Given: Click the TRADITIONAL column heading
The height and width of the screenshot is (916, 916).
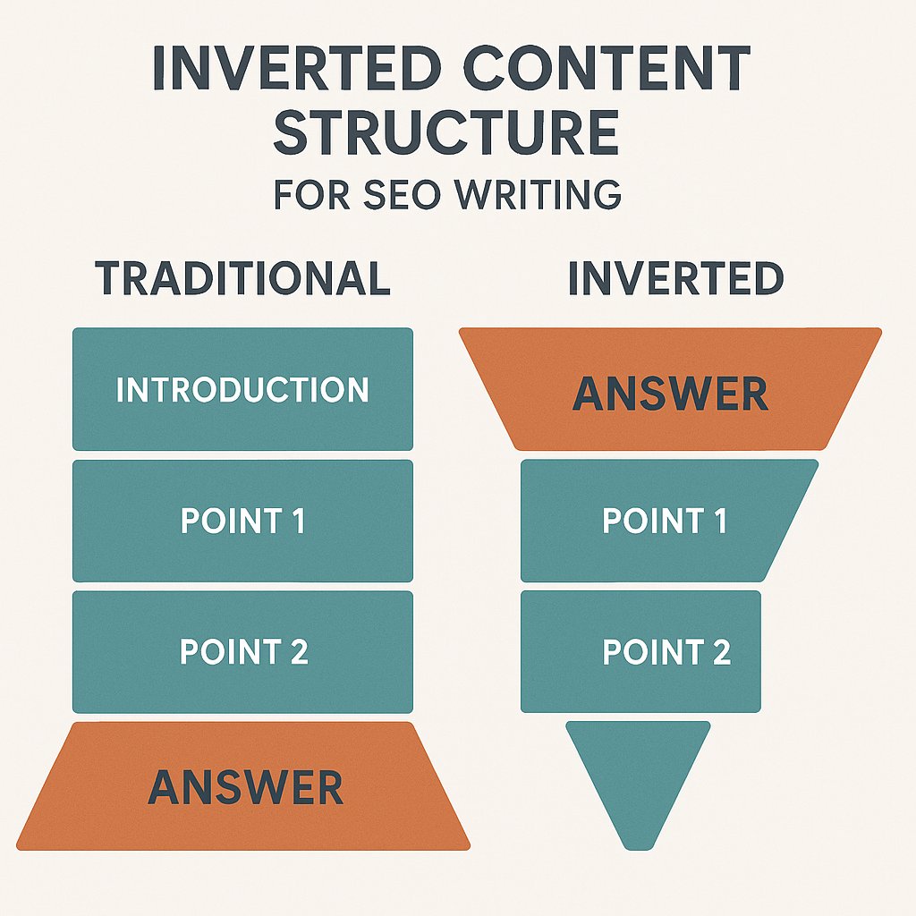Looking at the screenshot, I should point(242,279).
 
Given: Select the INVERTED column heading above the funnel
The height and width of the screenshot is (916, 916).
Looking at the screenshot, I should point(675,279).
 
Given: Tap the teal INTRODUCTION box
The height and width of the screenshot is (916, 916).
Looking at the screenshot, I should point(242,390).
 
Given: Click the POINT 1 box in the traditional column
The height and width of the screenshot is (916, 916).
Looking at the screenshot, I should point(242,522).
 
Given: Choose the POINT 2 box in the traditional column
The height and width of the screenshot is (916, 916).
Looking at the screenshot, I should point(242,652).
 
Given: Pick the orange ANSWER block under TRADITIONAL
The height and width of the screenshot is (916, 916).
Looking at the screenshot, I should point(244,787).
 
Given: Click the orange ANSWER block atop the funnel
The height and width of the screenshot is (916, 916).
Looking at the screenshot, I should point(670,394).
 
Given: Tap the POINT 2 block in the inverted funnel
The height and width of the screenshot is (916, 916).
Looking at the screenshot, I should point(640,652).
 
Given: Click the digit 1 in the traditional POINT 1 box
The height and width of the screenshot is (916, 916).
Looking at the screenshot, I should point(297,522).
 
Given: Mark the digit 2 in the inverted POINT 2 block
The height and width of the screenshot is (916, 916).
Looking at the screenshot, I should point(720,652).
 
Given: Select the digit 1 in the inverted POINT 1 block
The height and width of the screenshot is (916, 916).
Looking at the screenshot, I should point(718,522).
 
